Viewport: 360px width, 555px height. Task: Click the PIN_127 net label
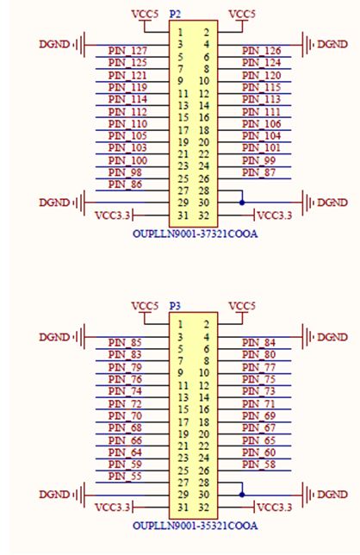(127, 51)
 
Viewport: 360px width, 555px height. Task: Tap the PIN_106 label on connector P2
(261, 124)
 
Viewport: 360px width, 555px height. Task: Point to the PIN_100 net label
(127, 160)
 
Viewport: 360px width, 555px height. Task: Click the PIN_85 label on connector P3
(125, 343)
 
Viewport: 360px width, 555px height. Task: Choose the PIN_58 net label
(258, 465)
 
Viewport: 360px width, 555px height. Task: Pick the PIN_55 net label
(125, 477)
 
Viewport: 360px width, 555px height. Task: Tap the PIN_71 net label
(258, 403)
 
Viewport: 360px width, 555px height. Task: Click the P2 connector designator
(175, 14)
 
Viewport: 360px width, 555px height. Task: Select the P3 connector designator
(175, 306)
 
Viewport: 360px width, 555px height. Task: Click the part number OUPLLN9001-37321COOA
(196, 234)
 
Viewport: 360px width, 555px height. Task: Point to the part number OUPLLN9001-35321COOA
(196, 526)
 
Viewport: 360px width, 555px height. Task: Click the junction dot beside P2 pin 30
(242, 203)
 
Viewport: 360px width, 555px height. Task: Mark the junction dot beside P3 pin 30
(242, 495)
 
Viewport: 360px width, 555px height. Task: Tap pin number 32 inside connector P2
(204, 215)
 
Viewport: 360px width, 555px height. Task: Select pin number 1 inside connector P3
(180, 324)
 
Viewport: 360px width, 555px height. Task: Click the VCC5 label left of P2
(145, 15)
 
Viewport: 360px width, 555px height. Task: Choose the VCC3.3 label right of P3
(275, 508)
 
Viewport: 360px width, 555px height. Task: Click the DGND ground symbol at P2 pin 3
(81, 45)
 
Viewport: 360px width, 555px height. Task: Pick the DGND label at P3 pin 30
(332, 495)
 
